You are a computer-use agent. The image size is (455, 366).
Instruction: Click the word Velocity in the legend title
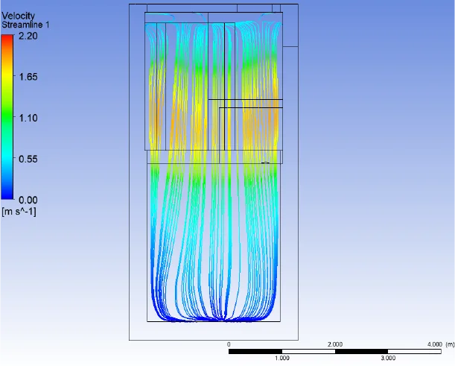coord(18,16)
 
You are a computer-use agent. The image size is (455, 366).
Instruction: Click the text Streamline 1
coord(25,25)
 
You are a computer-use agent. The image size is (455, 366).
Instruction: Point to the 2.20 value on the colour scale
coord(28,36)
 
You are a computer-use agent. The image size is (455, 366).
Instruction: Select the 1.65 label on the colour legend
coord(28,77)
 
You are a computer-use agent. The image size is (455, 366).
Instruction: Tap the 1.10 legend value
coord(28,118)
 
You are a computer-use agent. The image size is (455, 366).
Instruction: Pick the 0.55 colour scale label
coord(28,159)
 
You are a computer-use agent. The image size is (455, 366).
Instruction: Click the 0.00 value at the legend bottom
coord(28,200)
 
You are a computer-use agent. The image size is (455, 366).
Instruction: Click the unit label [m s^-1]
coord(19,212)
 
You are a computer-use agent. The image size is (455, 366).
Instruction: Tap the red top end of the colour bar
coord(7,36)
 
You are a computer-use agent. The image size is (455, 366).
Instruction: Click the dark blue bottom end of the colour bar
coord(7,198)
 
